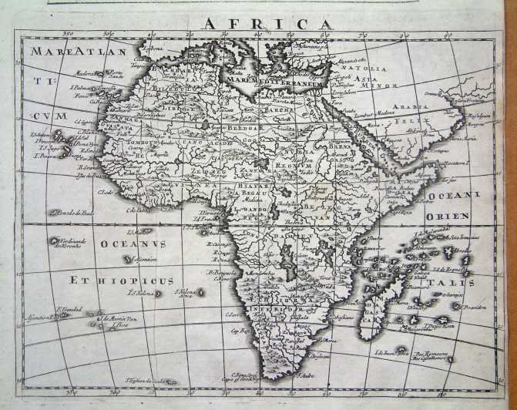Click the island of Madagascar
pos(374,301)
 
